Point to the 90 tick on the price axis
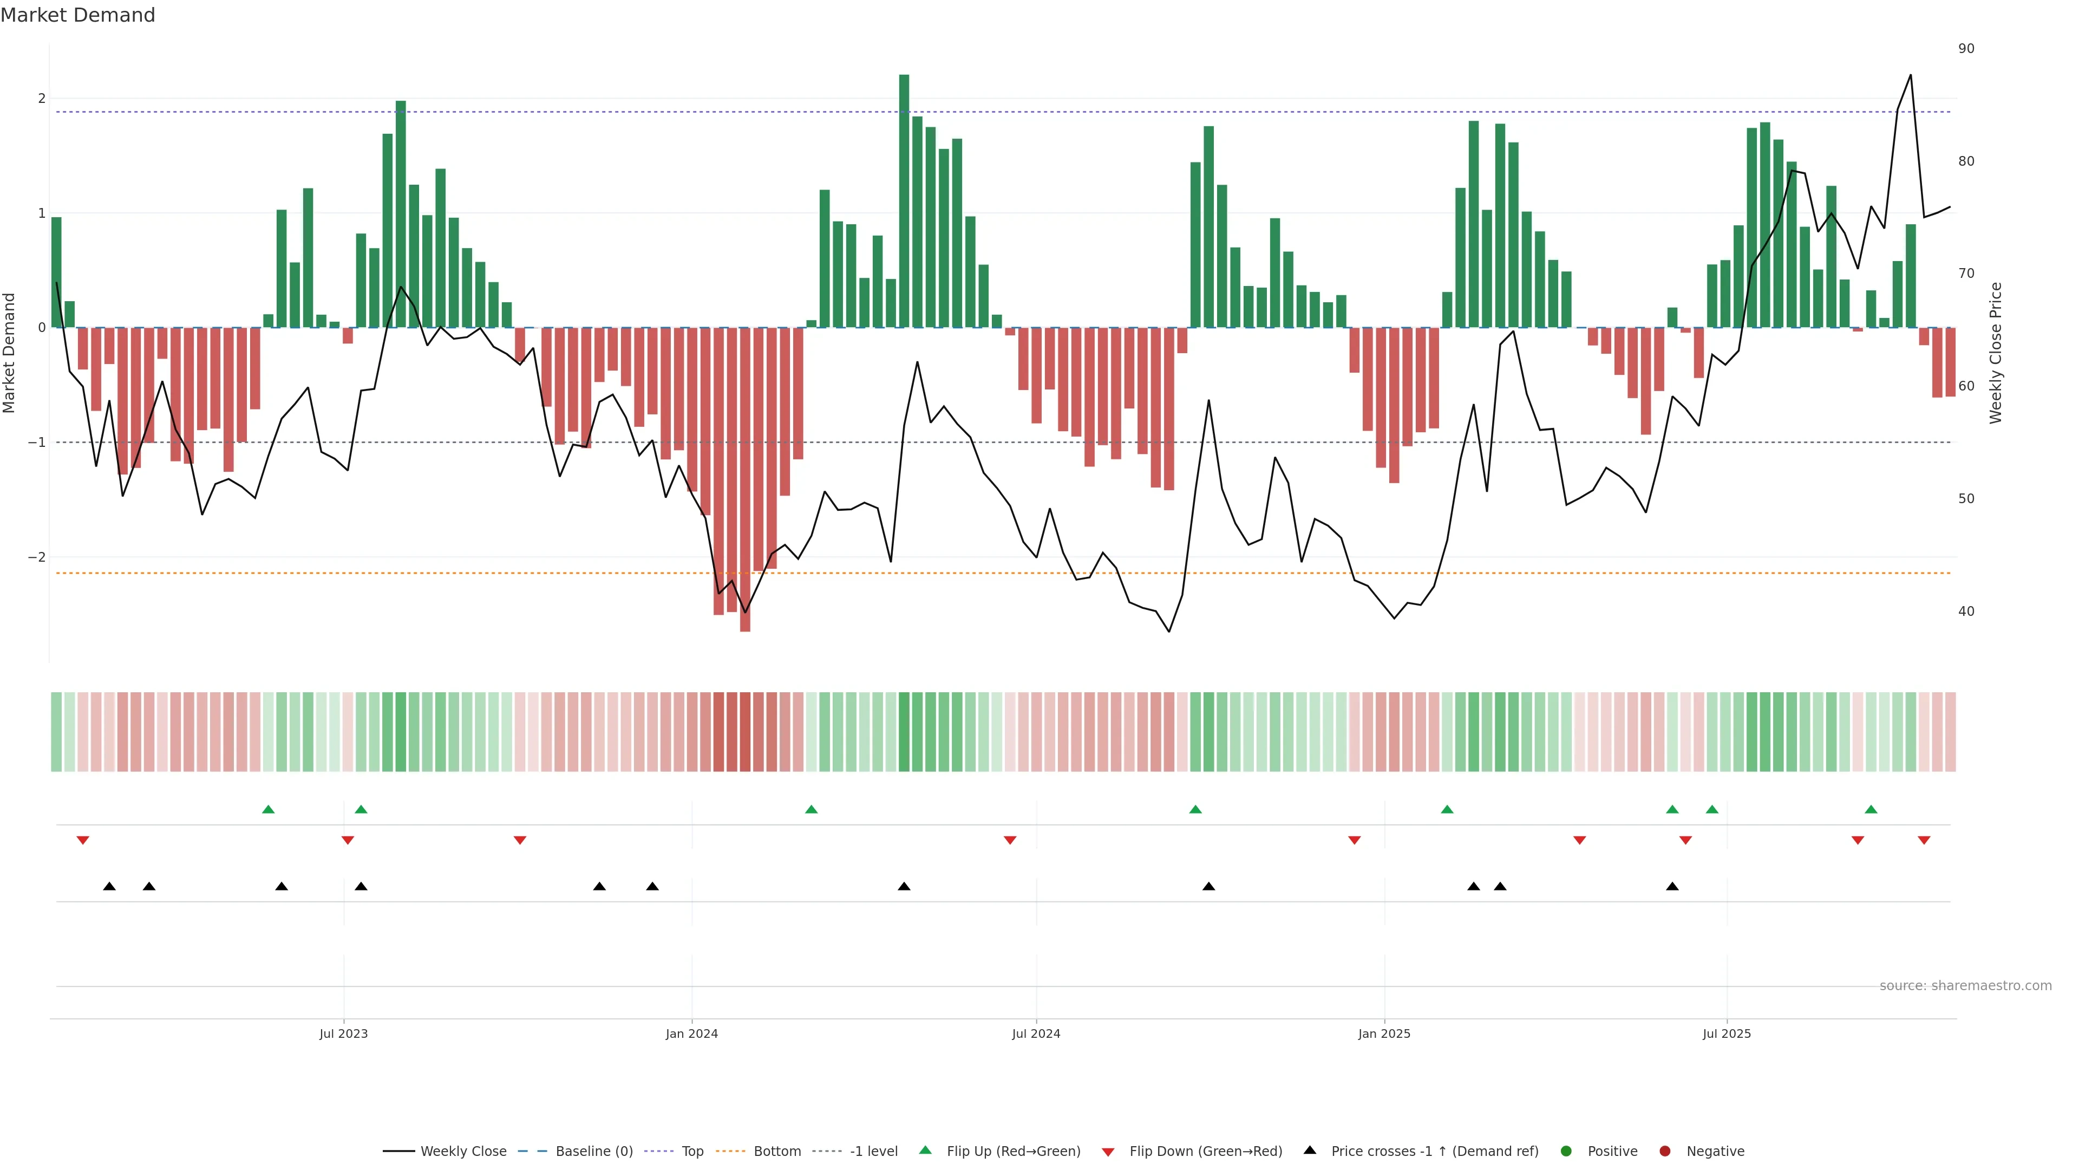point(1966,48)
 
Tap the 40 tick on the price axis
point(1966,611)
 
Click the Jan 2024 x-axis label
point(692,1033)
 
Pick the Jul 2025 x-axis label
point(1727,1033)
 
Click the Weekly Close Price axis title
point(1995,353)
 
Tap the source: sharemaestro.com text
point(1965,986)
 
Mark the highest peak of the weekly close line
point(1910,75)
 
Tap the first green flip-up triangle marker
point(269,809)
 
